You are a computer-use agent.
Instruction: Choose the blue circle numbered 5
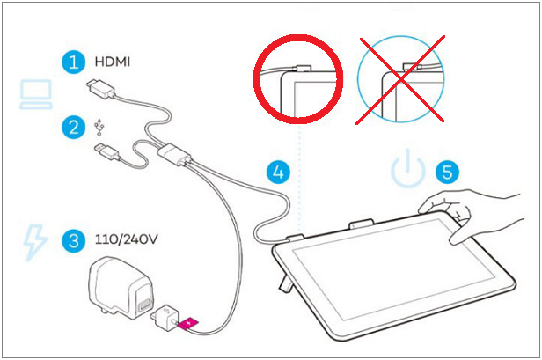click(x=449, y=171)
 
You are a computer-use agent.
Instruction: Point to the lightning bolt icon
click(x=33, y=240)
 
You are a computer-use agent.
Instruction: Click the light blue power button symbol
click(x=407, y=171)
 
